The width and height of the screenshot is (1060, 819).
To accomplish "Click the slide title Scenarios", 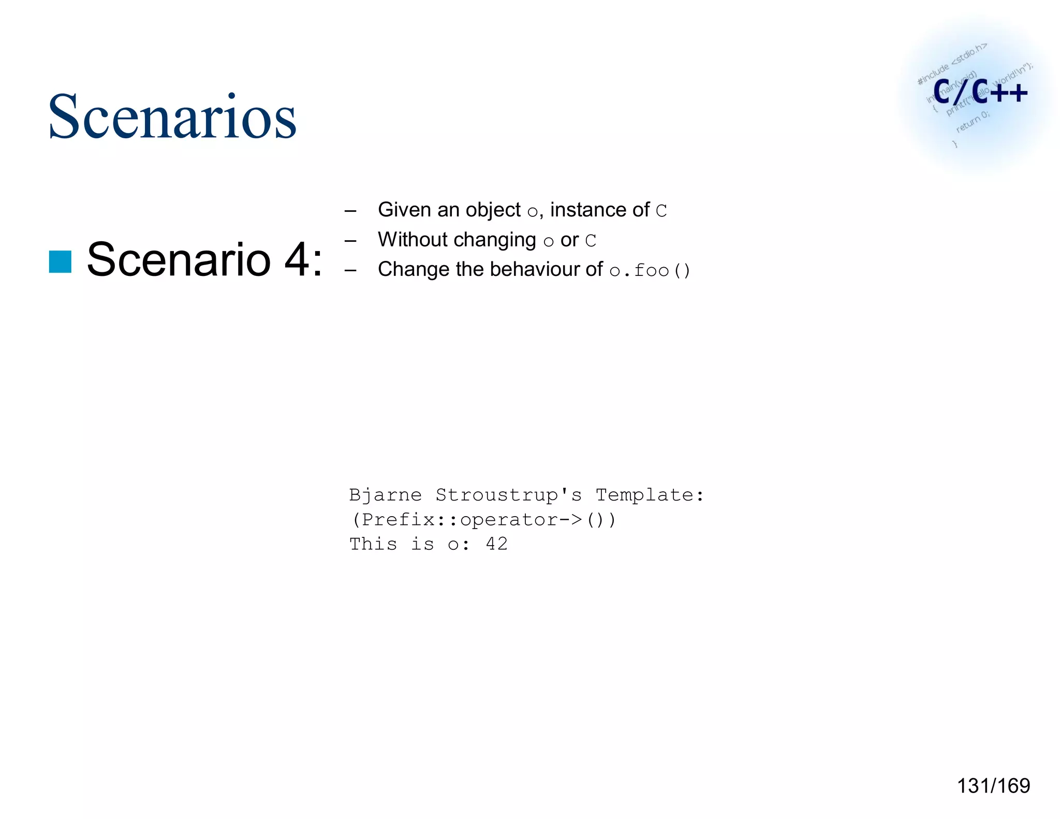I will pos(172,116).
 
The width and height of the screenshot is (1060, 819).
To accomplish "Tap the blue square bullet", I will pos(60,261).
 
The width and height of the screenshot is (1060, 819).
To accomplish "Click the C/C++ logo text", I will pos(980,92).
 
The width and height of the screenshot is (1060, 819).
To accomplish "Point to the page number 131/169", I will pos(993,785).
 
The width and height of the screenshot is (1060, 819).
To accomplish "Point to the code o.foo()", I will pos(650,270).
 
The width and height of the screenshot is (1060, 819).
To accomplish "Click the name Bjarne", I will pos(385,495).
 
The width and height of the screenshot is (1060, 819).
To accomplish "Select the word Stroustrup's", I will pos(508,495).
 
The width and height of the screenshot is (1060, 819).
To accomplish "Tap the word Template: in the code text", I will pos(650,495).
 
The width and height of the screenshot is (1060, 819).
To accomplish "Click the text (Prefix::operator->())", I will pos(483,519).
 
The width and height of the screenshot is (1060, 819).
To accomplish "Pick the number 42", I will pos(496,544).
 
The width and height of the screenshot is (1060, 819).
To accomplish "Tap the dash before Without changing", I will pos(350,241).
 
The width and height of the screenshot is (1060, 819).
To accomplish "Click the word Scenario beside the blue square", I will pos(179,259).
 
